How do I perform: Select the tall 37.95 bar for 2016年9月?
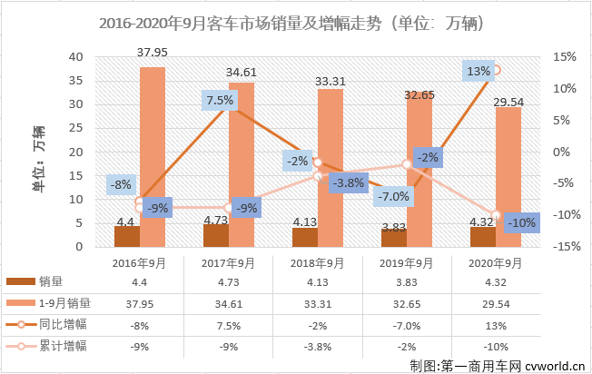pyautogui.click(x=153, y=156)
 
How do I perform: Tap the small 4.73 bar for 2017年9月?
pyautogui.click(x=216, y=235)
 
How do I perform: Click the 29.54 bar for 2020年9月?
pyautogui.click(x=508, y=176)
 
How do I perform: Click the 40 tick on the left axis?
pyautogui.click(x=77, y=56)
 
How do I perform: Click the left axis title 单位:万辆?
pyautogui.click(x=38, y=152)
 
